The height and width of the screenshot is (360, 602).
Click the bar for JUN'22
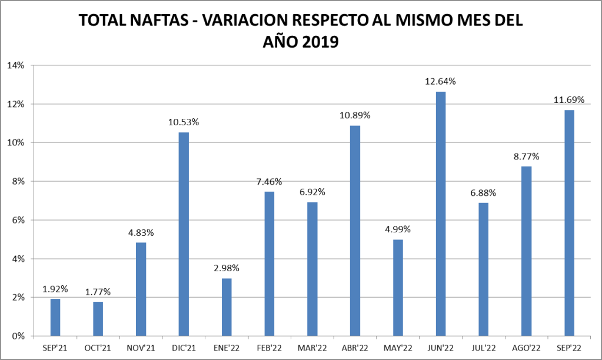coord(440,214)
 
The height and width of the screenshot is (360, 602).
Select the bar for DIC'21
coord(184,234)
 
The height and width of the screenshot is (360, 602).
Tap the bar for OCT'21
coord(98,319)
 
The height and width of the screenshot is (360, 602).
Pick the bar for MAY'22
coord(398,288)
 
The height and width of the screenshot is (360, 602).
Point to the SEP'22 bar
coord(569,223)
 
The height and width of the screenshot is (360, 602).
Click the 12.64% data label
coord(440,81)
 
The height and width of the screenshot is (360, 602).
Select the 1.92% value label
coord(55,289)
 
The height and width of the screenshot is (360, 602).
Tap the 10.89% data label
coord(355,115)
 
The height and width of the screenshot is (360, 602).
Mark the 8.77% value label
coord(526,156)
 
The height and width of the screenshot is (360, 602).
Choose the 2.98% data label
coord(227,268)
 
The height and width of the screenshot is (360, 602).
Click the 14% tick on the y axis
coord(15,65)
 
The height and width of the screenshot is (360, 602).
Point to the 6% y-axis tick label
coord(18,220)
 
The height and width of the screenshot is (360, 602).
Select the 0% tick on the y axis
coord(18,336)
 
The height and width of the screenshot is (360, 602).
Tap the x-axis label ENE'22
coord(227,348)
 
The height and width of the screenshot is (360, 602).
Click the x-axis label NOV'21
coord(141,348)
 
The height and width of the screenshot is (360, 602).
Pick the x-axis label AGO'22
coord(526,348)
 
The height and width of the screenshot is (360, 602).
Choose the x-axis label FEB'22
coord(269,348)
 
